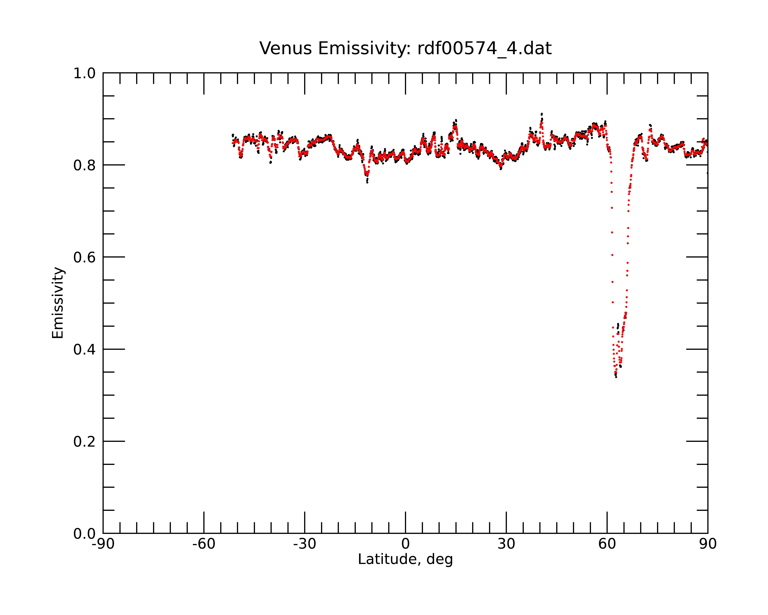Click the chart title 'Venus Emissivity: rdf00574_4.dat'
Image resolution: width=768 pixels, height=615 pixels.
[405, 48]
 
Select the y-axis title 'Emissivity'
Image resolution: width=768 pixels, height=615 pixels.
[58, 303]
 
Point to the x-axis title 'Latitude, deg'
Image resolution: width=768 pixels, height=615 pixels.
[405, 559]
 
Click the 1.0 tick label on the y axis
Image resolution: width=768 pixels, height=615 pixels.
[84, 73]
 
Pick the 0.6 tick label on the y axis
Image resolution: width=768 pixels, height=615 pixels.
[84, 257]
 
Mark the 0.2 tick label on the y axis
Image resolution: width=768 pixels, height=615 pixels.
[84, 442]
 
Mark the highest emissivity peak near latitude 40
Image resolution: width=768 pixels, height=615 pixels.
[541, 114]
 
